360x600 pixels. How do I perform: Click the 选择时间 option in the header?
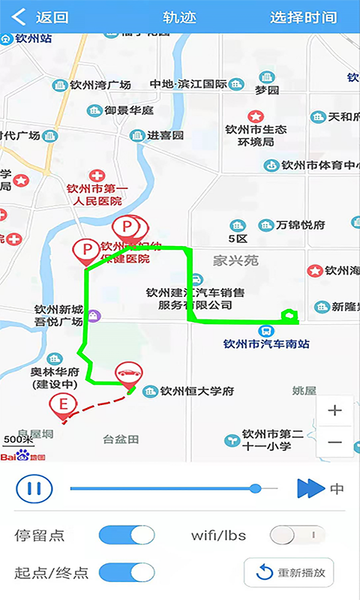(303, 17)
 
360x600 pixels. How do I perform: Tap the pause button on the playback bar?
(34, 489)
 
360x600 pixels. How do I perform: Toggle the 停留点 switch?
(127, 535)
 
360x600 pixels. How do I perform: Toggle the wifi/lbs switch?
(298, 535)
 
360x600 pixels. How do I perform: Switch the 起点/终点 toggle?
(127, 573)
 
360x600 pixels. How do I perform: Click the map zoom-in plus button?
(334, 410)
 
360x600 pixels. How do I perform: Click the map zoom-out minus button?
(334, 442)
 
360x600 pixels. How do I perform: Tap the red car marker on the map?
(127, 376)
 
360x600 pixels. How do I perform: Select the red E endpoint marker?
(63, 406)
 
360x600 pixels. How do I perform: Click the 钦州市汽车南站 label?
(266, 344)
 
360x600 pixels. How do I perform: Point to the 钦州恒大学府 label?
(197, 391)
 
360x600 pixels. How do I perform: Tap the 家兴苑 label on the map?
(235, 260)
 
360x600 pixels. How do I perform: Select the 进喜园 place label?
(164, 136)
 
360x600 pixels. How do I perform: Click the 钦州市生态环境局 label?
(256, 135)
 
